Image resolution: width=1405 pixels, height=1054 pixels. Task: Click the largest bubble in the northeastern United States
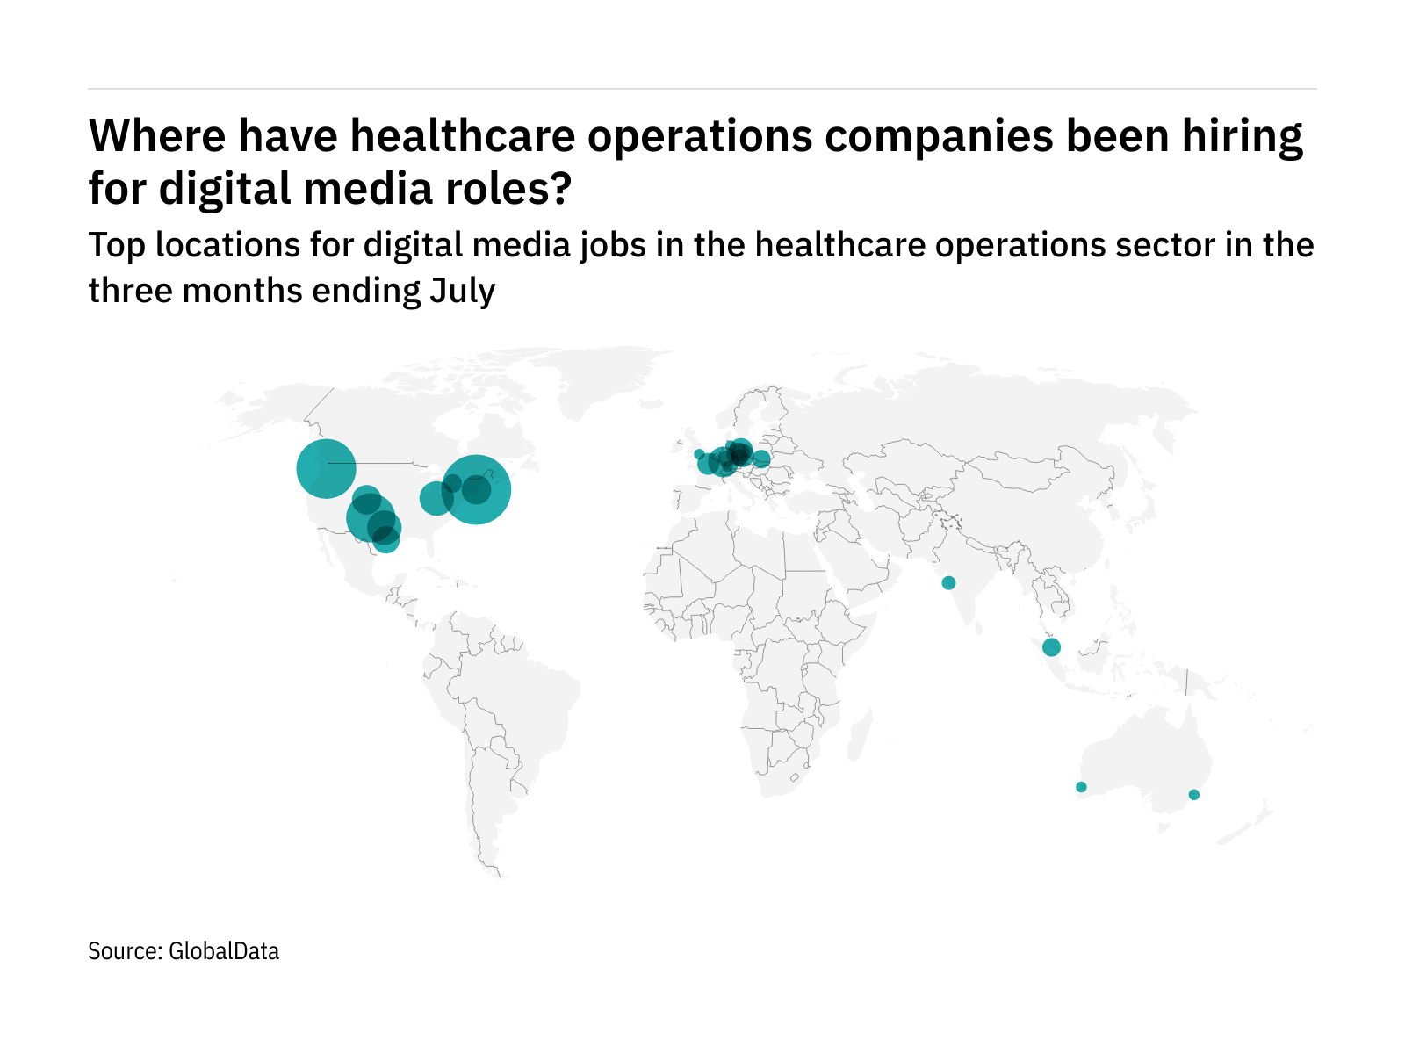coord(476,489)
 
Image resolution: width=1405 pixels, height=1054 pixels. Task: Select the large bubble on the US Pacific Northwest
coord(326,468)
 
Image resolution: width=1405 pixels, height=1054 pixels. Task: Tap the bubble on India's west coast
coord(948,583)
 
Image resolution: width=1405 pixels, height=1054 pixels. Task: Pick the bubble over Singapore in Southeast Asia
coord(1051,648)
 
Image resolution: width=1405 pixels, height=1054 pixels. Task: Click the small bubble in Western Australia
coord(1081,787)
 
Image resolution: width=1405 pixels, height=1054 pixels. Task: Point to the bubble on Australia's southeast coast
coord(1193,795)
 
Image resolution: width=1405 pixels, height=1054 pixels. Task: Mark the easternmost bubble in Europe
coord(761,459)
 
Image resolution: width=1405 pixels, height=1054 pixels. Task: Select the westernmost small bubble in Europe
coord(699,454)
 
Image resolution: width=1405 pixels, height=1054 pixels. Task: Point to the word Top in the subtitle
coord(118,246)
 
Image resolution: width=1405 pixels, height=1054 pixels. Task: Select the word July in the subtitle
coord(462,292)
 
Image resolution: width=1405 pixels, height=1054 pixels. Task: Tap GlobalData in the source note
coord(224,951)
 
